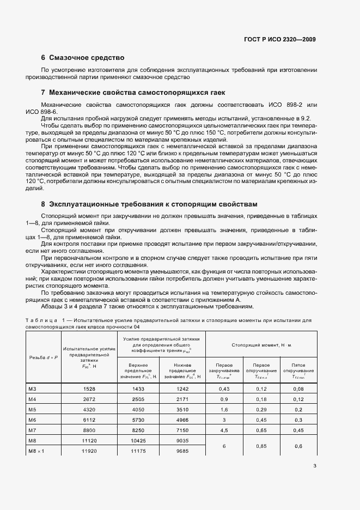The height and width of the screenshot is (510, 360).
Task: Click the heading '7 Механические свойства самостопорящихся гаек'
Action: [x=133, y=92]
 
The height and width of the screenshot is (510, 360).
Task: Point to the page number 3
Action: [x=315, y=466]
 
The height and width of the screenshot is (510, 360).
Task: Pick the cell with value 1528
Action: [x=89, y=388]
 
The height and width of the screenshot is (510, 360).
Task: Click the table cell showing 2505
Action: [x=142, y=399]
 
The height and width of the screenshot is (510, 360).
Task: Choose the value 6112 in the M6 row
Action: [x=89, y=420]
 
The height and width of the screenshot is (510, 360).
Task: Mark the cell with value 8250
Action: [x=142, y=430]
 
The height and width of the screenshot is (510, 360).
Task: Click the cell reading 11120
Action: [x=89, y=440]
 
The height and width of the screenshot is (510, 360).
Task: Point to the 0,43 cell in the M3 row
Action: [x=223, y=388]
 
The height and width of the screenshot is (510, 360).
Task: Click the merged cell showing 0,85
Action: [x=262, y=446]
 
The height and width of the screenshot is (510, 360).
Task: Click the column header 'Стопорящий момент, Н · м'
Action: [x=261, y=345]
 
